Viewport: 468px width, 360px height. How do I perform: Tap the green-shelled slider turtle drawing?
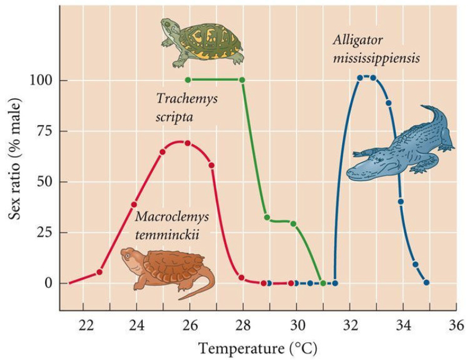(x=202, y=41)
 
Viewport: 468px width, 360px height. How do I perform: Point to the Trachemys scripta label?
(x=186, y=108)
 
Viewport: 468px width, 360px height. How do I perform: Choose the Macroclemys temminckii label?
(x=172, y=225)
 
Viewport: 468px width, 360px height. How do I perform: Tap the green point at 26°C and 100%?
(x=188, y=80)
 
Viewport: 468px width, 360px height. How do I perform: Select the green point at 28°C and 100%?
(x=242, y=80)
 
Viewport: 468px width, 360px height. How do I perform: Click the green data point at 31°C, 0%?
(x=323, y=283)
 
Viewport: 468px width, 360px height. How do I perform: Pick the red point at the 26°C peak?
(x=188, y=143)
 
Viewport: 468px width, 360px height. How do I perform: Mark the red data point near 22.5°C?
(x=99, y=272)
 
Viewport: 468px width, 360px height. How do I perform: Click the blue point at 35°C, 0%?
(x=426, y=283)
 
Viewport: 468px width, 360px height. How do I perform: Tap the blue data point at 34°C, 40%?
(x=401, y=202)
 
